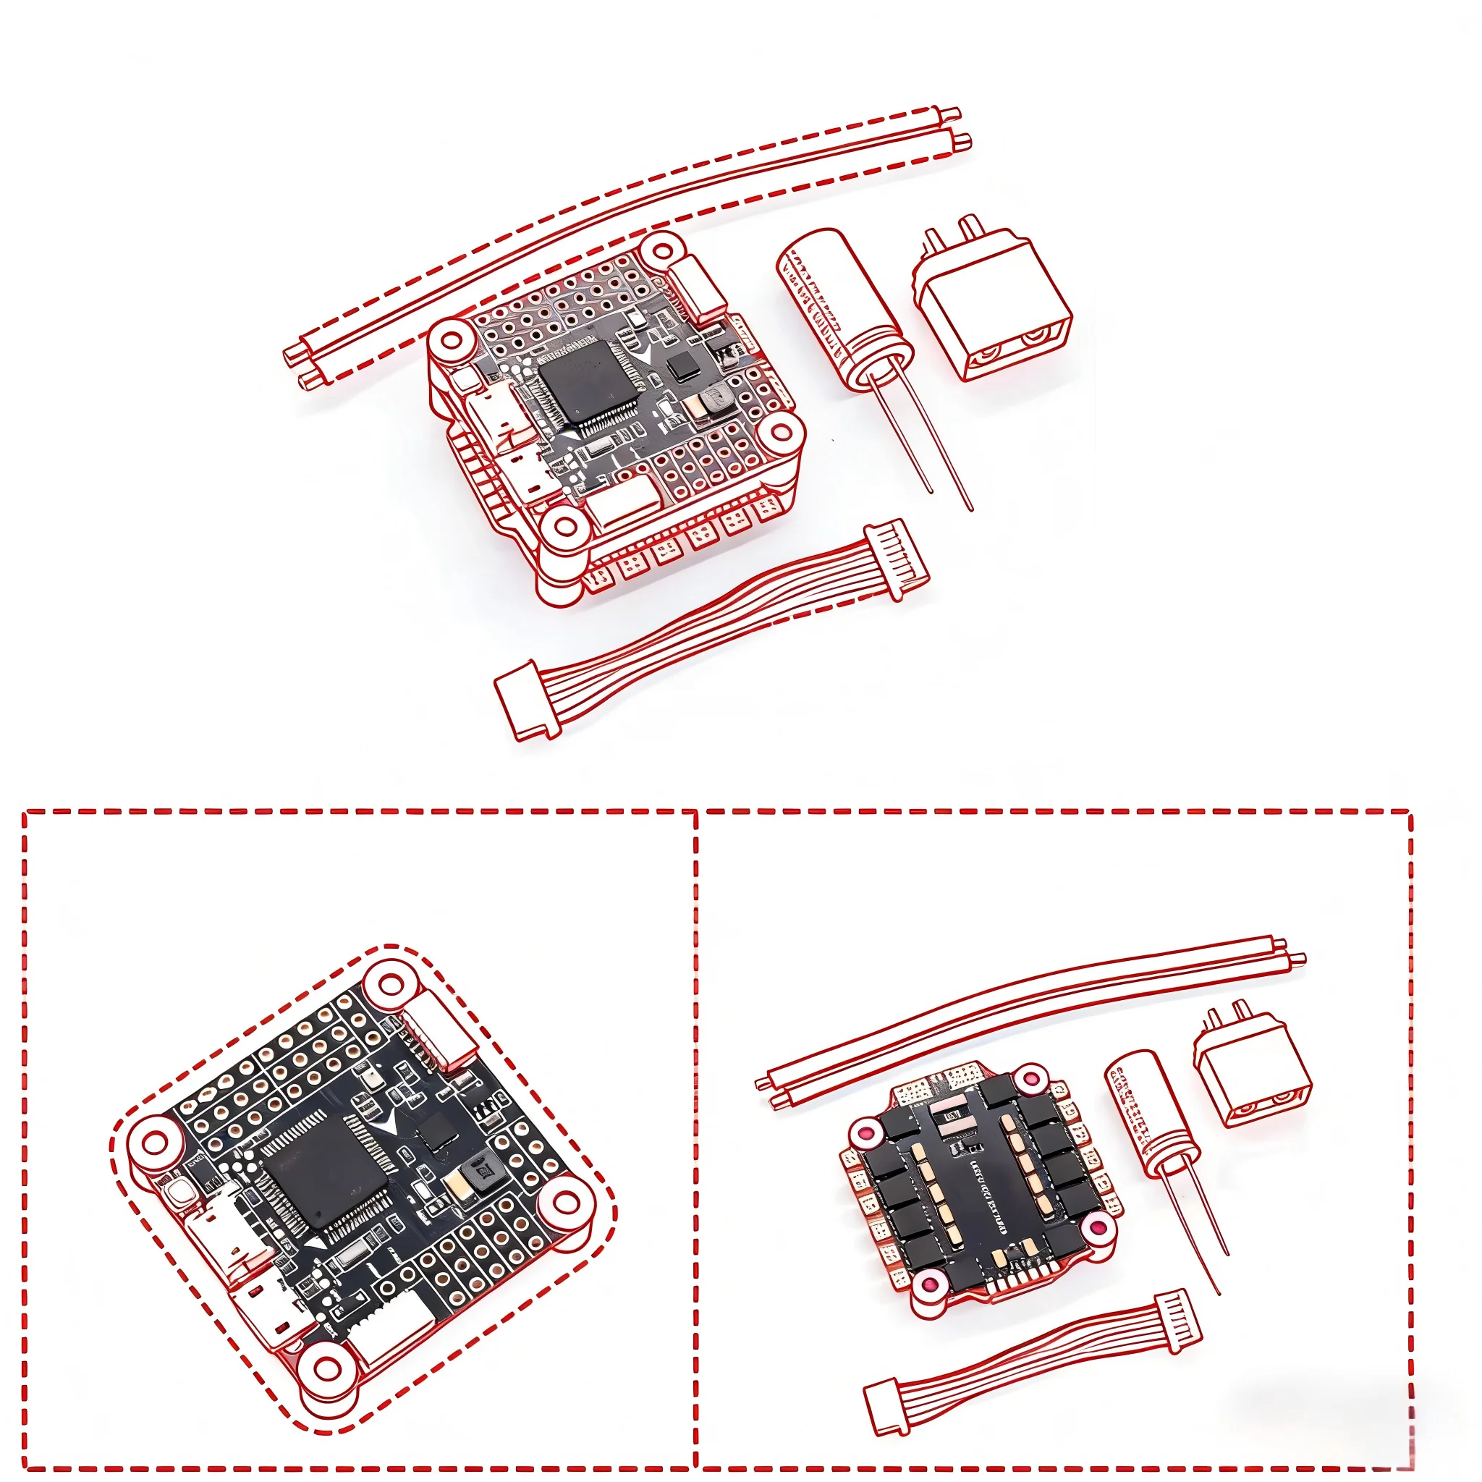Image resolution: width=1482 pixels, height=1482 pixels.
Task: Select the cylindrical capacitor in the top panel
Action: click(843, 307)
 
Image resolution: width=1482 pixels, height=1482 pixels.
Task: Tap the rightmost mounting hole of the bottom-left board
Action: click(566, 1203)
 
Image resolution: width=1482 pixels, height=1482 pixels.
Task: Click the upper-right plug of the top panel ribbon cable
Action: click(896, 554)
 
